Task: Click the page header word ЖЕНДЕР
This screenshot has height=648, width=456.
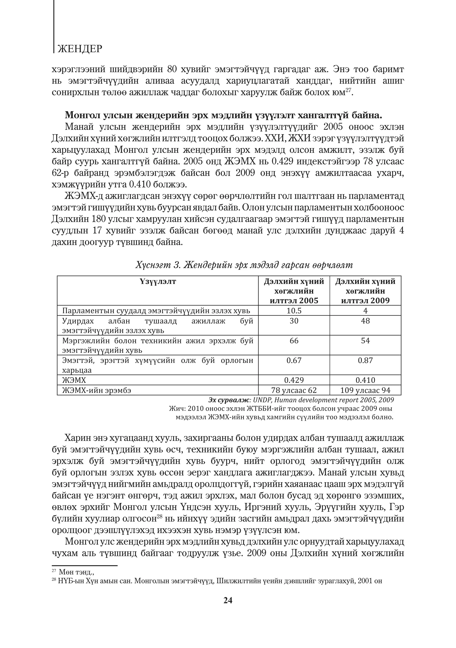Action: [x=79, y=49]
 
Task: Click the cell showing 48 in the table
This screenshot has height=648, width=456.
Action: [x=365, y=321]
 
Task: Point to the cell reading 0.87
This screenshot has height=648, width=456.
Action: [x=365, y=360]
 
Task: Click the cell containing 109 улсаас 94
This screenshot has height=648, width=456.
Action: [x=365, y=390]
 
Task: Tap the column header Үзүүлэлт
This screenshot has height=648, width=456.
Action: [x=158, y=281]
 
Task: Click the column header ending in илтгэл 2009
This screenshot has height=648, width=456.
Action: [x=365, y=300]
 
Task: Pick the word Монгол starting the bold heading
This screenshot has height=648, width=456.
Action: [x=83, y=115]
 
